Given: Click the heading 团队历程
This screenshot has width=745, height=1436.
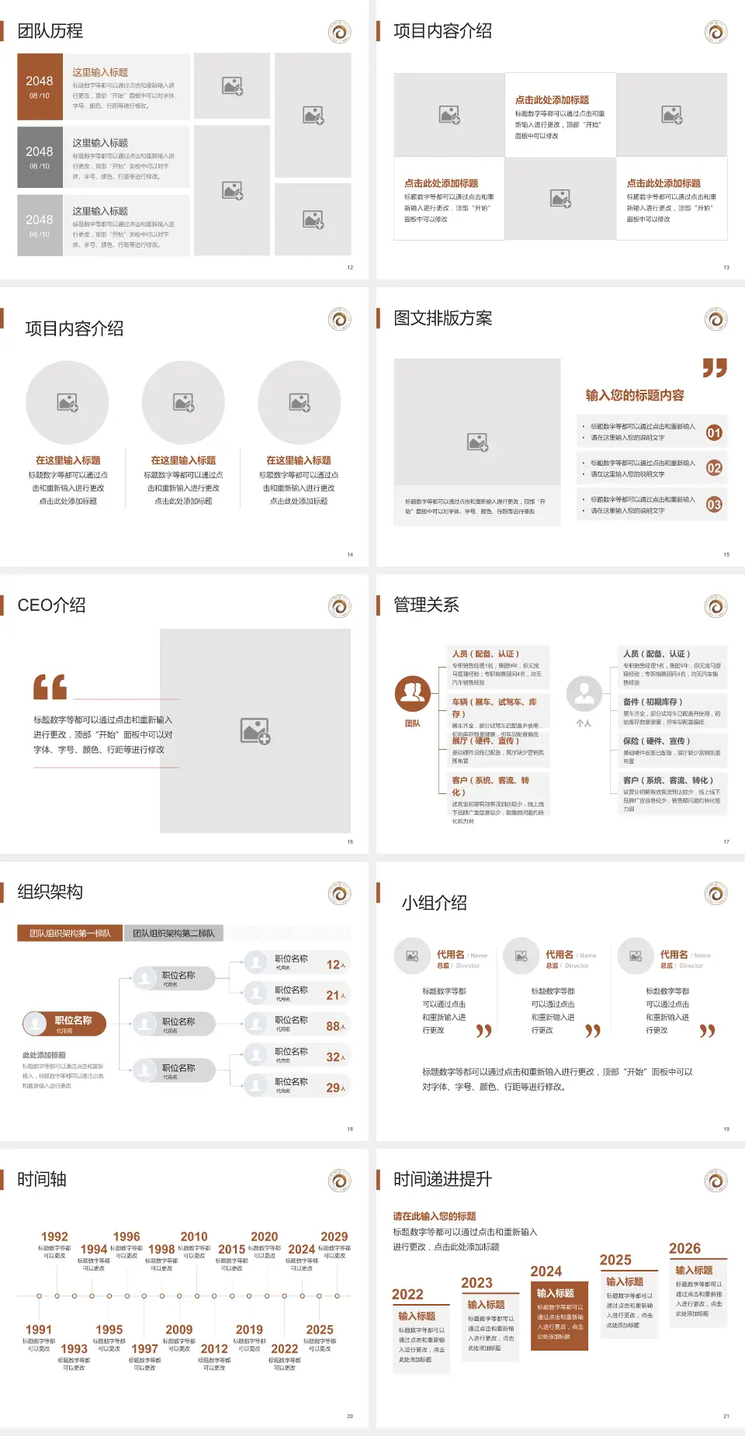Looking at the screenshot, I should (x=50, y=31).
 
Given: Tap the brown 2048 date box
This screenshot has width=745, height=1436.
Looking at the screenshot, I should (x=40, y=86).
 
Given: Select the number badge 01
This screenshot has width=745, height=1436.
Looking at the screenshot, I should (x=714, y=432).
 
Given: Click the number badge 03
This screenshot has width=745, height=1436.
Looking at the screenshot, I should (x=714, y=505).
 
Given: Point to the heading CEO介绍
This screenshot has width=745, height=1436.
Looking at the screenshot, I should (x=51, y=605).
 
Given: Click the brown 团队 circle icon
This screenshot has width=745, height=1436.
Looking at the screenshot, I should (x=413, y=694).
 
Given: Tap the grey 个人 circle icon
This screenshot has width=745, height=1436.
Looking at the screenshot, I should (x=584, y=694).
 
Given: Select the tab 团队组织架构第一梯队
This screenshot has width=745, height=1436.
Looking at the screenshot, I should (x=70, y=933).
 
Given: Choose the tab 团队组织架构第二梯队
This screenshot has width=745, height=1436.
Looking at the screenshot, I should (x=173, y=933).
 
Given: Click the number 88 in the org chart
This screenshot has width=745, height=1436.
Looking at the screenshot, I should (x=334, y=1026).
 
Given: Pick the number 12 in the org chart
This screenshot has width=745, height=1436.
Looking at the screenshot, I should (x=334, y=965).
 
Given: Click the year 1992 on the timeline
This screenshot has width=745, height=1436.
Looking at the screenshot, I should (x=54, y=1237).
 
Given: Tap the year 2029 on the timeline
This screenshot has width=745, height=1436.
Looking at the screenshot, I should (x=334, y=1237).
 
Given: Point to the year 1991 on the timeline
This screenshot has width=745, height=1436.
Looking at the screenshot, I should (x=39, y=1330).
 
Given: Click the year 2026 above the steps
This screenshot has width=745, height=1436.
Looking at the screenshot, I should (x=684, y=1248).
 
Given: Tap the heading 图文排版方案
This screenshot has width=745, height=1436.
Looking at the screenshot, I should (x=442, y=318).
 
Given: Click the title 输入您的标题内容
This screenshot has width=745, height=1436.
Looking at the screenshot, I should (x=635, y=395).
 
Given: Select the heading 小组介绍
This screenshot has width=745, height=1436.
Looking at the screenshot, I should (x=434, y=903).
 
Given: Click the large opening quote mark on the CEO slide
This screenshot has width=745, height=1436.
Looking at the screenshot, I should (x=50, y=687).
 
